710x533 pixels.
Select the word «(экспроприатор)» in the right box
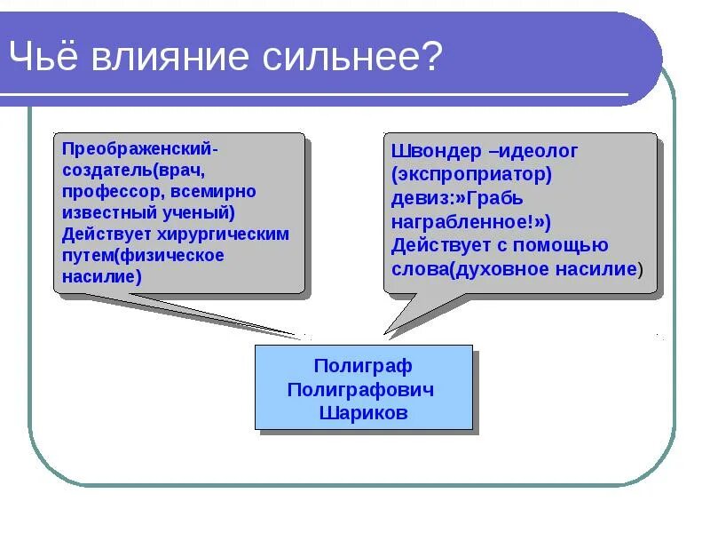point(471,174)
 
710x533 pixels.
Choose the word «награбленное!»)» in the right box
point(471,222)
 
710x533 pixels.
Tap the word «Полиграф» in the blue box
point(363,366)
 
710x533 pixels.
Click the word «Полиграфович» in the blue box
point(363,390)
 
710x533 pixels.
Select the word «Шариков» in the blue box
point(363,413)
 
